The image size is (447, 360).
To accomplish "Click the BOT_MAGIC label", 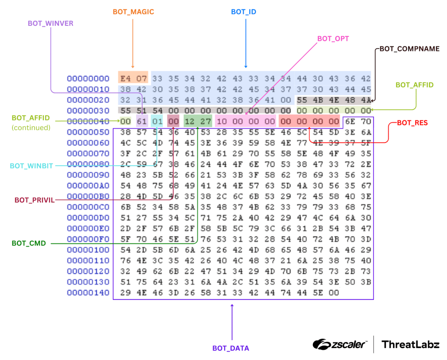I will pyautogui.click(x=133, y=12).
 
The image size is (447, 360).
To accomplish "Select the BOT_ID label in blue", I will pyautogui.click(x=243, y=12).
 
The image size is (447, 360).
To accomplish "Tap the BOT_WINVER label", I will pyautogui.click(x=50, y=24).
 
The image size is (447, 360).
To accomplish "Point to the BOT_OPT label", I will pyautogui.click(x=333, y=39).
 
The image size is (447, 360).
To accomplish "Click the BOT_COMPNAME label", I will pyautogui.click(x=409, y=49).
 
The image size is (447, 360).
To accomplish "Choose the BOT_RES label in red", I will pyautogui.click(x=412, y=123).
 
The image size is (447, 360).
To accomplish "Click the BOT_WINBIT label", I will pyautogui.click(x=31, y=166).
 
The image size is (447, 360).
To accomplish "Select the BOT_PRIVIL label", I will pyautogui.click(x=34, y=200).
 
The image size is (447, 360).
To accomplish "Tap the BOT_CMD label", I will pyautogui.click(x=29, y=243).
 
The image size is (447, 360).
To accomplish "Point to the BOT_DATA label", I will pyautogui.click(x=231, y=348).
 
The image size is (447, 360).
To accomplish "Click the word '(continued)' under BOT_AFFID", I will pyautogui.click(x=31, y=128).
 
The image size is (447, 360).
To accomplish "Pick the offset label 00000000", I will pyautogui.click(x=88, y=79).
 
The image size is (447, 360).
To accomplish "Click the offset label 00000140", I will pyautogui.click(x=88, y=293).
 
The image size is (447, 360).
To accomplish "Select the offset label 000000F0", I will pyautogui.click(x=88, y=239).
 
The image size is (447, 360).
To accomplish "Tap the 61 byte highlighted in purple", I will pyautogui.click(x=142, y=121).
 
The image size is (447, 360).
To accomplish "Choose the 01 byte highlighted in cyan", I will pyautogui.click(x=157, y=121).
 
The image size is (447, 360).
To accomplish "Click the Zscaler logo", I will pyautogui.click(x=339, y=344).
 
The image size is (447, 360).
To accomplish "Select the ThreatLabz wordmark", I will pyautogui.click(x=410, y=344).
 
